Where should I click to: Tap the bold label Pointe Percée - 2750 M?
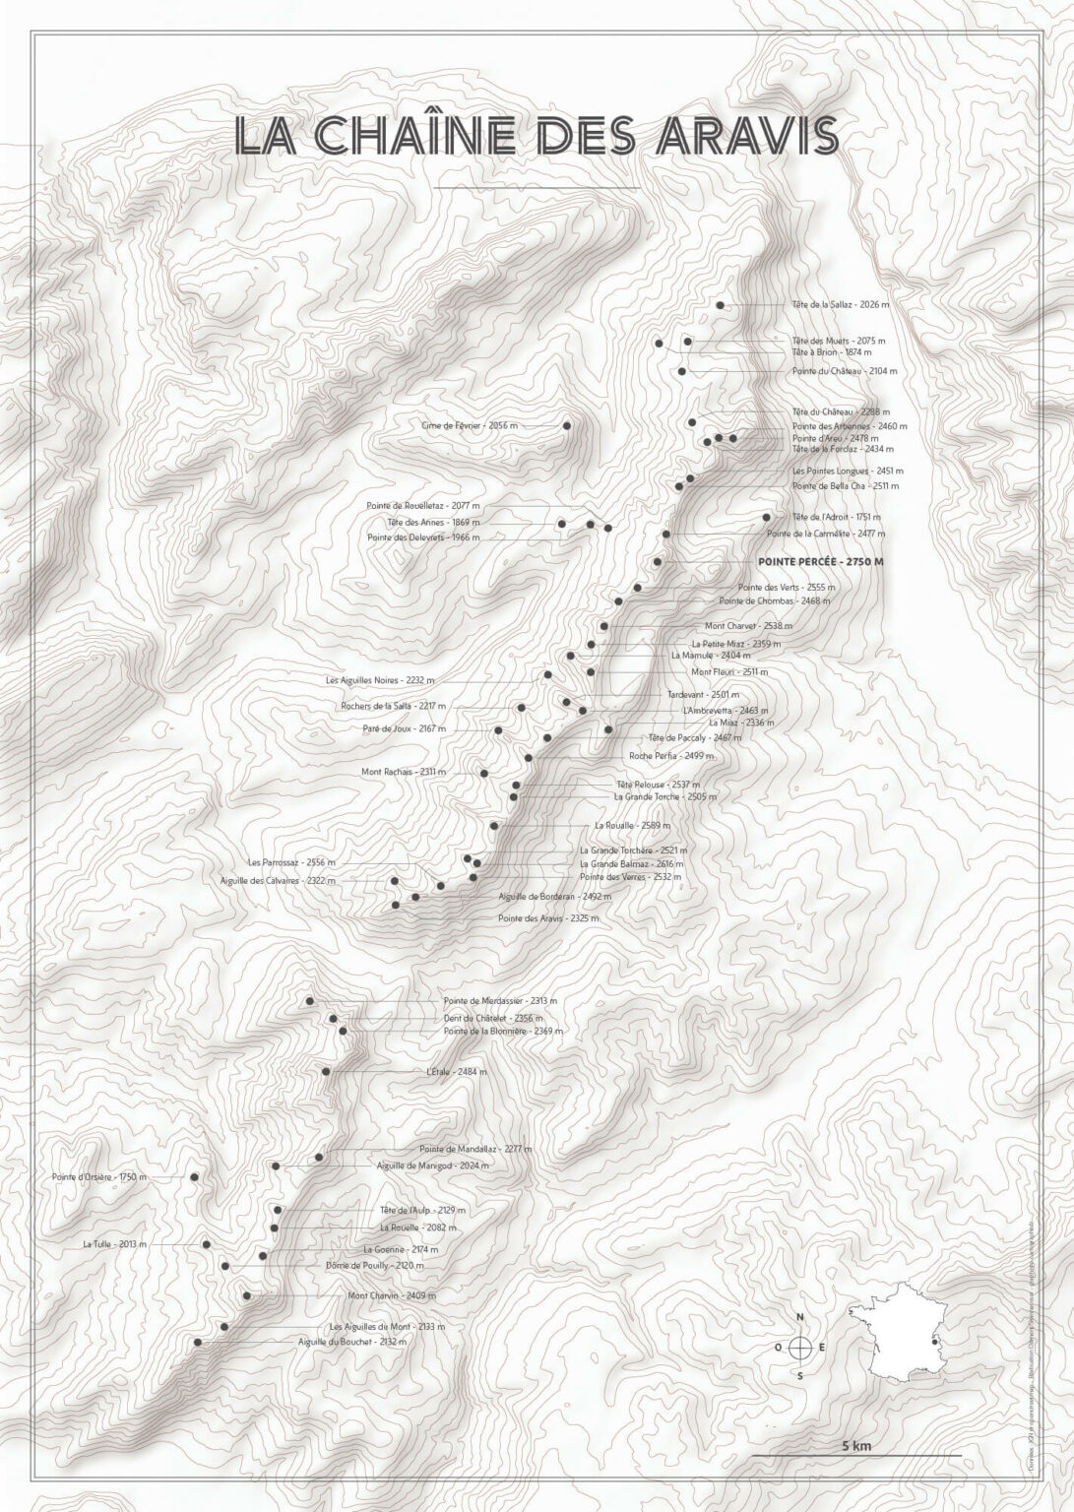(820, 561)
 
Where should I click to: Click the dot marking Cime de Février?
(567, 425)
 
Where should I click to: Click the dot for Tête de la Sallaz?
(721, 305)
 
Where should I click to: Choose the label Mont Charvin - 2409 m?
(392, 1295)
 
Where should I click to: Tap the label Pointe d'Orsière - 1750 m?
(99, 1176)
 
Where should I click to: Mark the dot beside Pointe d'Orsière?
(194, 1176)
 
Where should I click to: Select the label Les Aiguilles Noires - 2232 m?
(380, 680)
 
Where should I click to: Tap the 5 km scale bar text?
(856, 1446)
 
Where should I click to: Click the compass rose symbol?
(800, 1347)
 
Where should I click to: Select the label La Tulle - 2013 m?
(115, 1244)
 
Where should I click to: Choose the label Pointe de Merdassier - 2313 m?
(501, 1000)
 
